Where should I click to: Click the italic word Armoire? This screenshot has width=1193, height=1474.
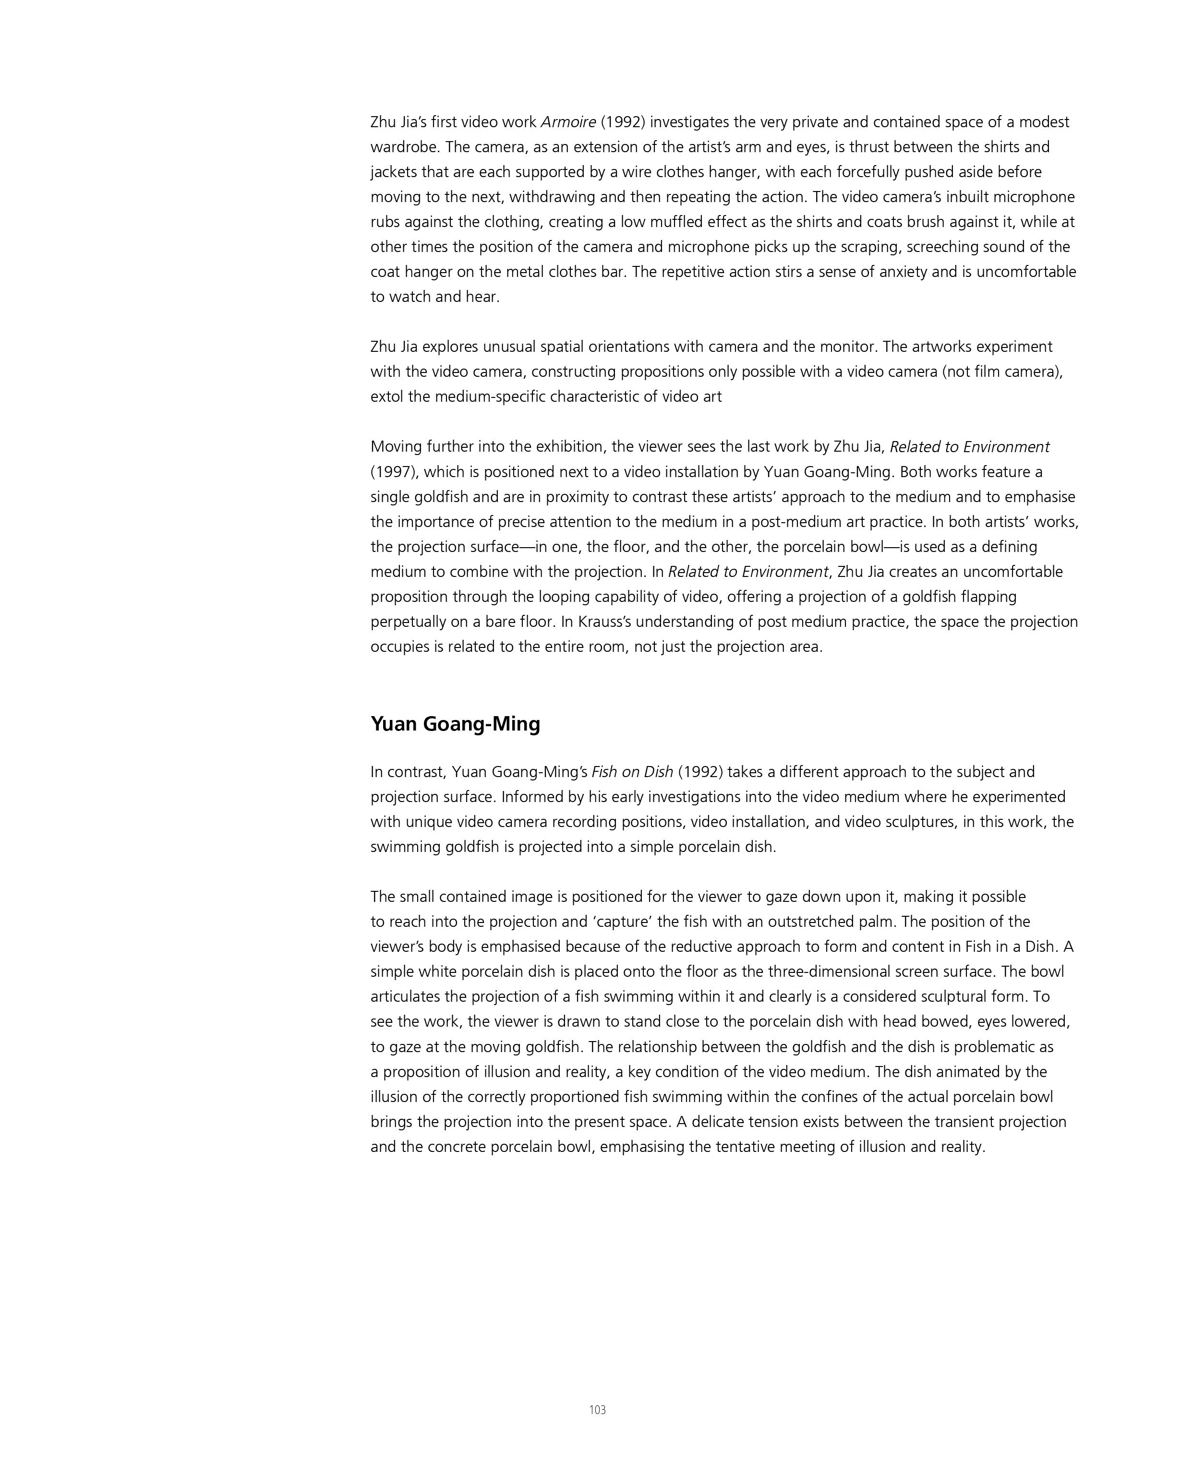[568, 122]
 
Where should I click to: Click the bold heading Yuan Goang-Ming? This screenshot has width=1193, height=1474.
[455, 724]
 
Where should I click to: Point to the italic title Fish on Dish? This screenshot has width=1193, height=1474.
[632, 772]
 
